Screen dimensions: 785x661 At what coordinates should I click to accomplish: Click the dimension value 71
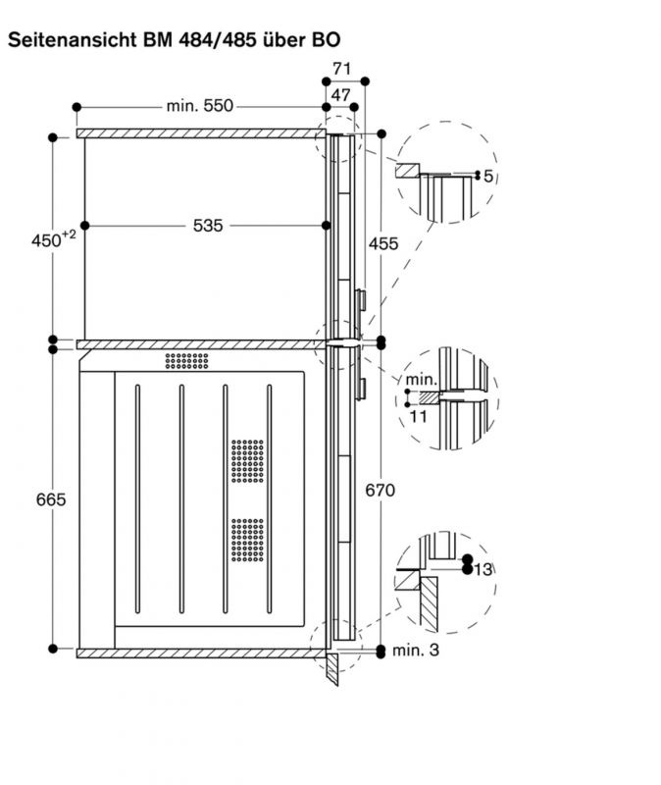point(341,69)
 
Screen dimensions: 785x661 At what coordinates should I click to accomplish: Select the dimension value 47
point(340,94)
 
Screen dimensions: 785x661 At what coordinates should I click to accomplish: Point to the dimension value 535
point(207,225)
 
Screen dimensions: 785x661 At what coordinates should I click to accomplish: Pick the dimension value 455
point(383,243)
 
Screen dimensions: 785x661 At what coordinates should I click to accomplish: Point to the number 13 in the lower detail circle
point(482,569)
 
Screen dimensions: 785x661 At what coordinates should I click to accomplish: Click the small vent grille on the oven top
point(187,361)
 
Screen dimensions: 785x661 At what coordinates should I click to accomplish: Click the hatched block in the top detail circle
point(405,171)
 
